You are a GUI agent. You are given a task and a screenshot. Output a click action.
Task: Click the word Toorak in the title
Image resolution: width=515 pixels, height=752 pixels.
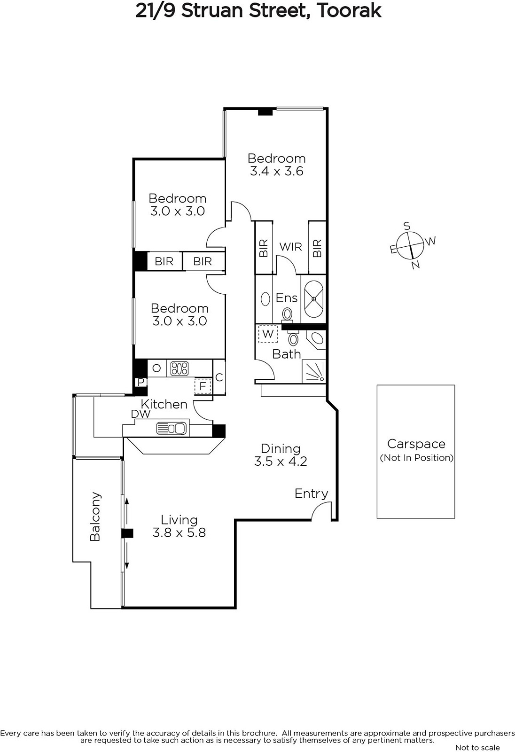tap(349, 11)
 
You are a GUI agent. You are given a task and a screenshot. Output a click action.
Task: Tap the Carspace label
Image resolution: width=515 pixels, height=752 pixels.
tap(416, 444)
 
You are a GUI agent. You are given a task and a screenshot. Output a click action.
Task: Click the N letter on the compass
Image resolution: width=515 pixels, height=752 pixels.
tap(416, 265)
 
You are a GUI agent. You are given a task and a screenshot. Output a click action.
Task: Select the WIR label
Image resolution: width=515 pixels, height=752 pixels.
tap(290, 247)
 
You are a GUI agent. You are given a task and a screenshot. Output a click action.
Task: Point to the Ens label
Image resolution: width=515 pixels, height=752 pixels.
tap(286, 298)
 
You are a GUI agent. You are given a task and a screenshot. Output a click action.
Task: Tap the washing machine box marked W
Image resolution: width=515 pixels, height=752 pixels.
tap(268, 334)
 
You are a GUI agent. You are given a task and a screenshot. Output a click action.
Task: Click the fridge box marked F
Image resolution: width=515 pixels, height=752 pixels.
tap(203, 386)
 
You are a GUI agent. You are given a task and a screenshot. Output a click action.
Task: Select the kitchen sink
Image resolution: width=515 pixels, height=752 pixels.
tap(171, 428)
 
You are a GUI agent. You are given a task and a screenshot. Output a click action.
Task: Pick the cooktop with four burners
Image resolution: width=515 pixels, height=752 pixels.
tap(179, 368)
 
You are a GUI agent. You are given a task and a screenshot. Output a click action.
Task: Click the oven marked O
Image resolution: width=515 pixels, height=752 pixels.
tap(156, 368)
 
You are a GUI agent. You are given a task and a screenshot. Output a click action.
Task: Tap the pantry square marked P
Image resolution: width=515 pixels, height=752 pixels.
tap(140, 382)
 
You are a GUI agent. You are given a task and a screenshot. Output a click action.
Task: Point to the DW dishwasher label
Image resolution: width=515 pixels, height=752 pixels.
tap(140, 414)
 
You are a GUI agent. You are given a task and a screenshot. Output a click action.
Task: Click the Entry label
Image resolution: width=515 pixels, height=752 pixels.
tap(311, 494)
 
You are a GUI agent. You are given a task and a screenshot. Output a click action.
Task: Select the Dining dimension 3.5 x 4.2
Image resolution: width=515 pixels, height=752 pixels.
tap(281, 461)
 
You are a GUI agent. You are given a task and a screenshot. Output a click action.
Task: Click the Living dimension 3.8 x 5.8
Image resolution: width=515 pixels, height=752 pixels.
tap(179, 533)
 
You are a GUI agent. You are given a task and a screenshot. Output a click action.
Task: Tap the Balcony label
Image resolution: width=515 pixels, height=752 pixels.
tap(95, 517)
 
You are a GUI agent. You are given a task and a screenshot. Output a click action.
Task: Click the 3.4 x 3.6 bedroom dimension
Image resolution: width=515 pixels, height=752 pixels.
tap(277, 171)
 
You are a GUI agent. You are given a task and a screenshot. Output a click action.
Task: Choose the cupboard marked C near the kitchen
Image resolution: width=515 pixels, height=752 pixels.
tap(219, 377)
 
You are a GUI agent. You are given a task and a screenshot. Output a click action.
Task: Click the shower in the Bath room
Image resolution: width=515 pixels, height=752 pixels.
tap(314, 371)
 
